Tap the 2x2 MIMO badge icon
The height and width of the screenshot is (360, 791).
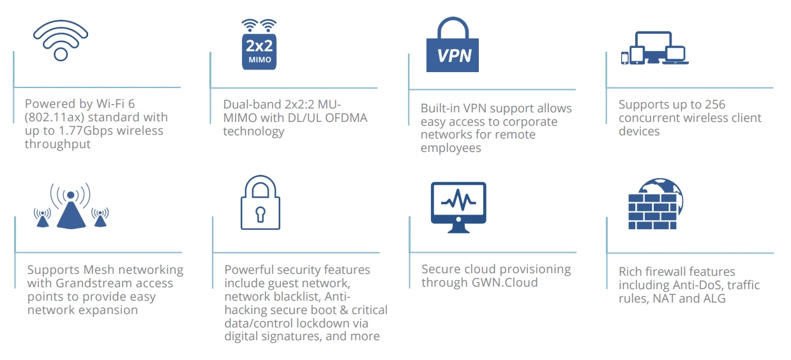pyautogui.click(x=259, y=45)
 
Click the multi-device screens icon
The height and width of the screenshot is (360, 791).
pyautogui.click(x=654, y=49)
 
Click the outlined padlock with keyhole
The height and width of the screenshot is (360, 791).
pyautogui.click(x=260, y=202)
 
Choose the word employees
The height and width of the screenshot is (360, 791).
pyautogui.click(x=451, y=148)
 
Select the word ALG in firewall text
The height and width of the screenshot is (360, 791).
pyautogui.click(x=714, y=298)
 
